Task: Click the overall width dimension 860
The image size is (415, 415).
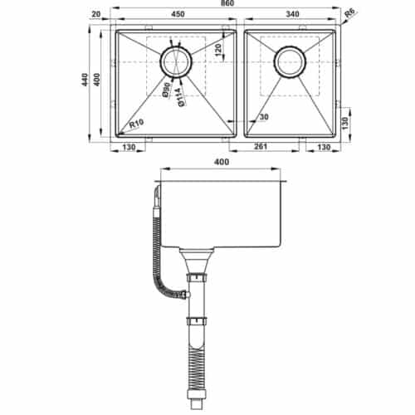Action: [x=227, y=4]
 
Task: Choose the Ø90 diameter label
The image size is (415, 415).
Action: [x=166, y=90]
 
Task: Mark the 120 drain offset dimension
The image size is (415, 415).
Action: [x=217, y=50]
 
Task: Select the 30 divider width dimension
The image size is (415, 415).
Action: [x=263, y=117]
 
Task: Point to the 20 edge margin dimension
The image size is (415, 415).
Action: [x=96, y=14]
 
